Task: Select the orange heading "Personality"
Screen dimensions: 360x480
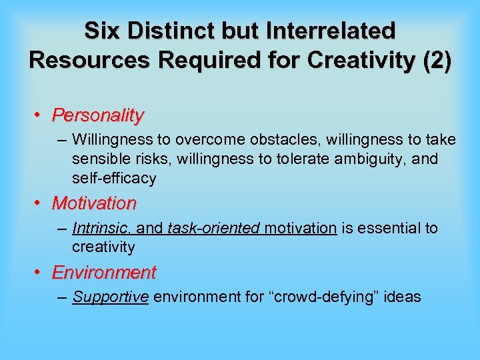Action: [x=98, y=115]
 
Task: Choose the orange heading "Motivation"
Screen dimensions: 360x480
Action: [x=94, y=203]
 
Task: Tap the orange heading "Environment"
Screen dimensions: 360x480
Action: [x=104, y=273]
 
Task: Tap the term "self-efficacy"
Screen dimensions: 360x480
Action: [x=114, y=178]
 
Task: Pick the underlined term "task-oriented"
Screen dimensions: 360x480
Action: [x=213, y=228]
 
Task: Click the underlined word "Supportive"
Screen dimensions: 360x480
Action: [x=111, y=297]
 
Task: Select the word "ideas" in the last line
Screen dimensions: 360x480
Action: [x=403, y=297]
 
